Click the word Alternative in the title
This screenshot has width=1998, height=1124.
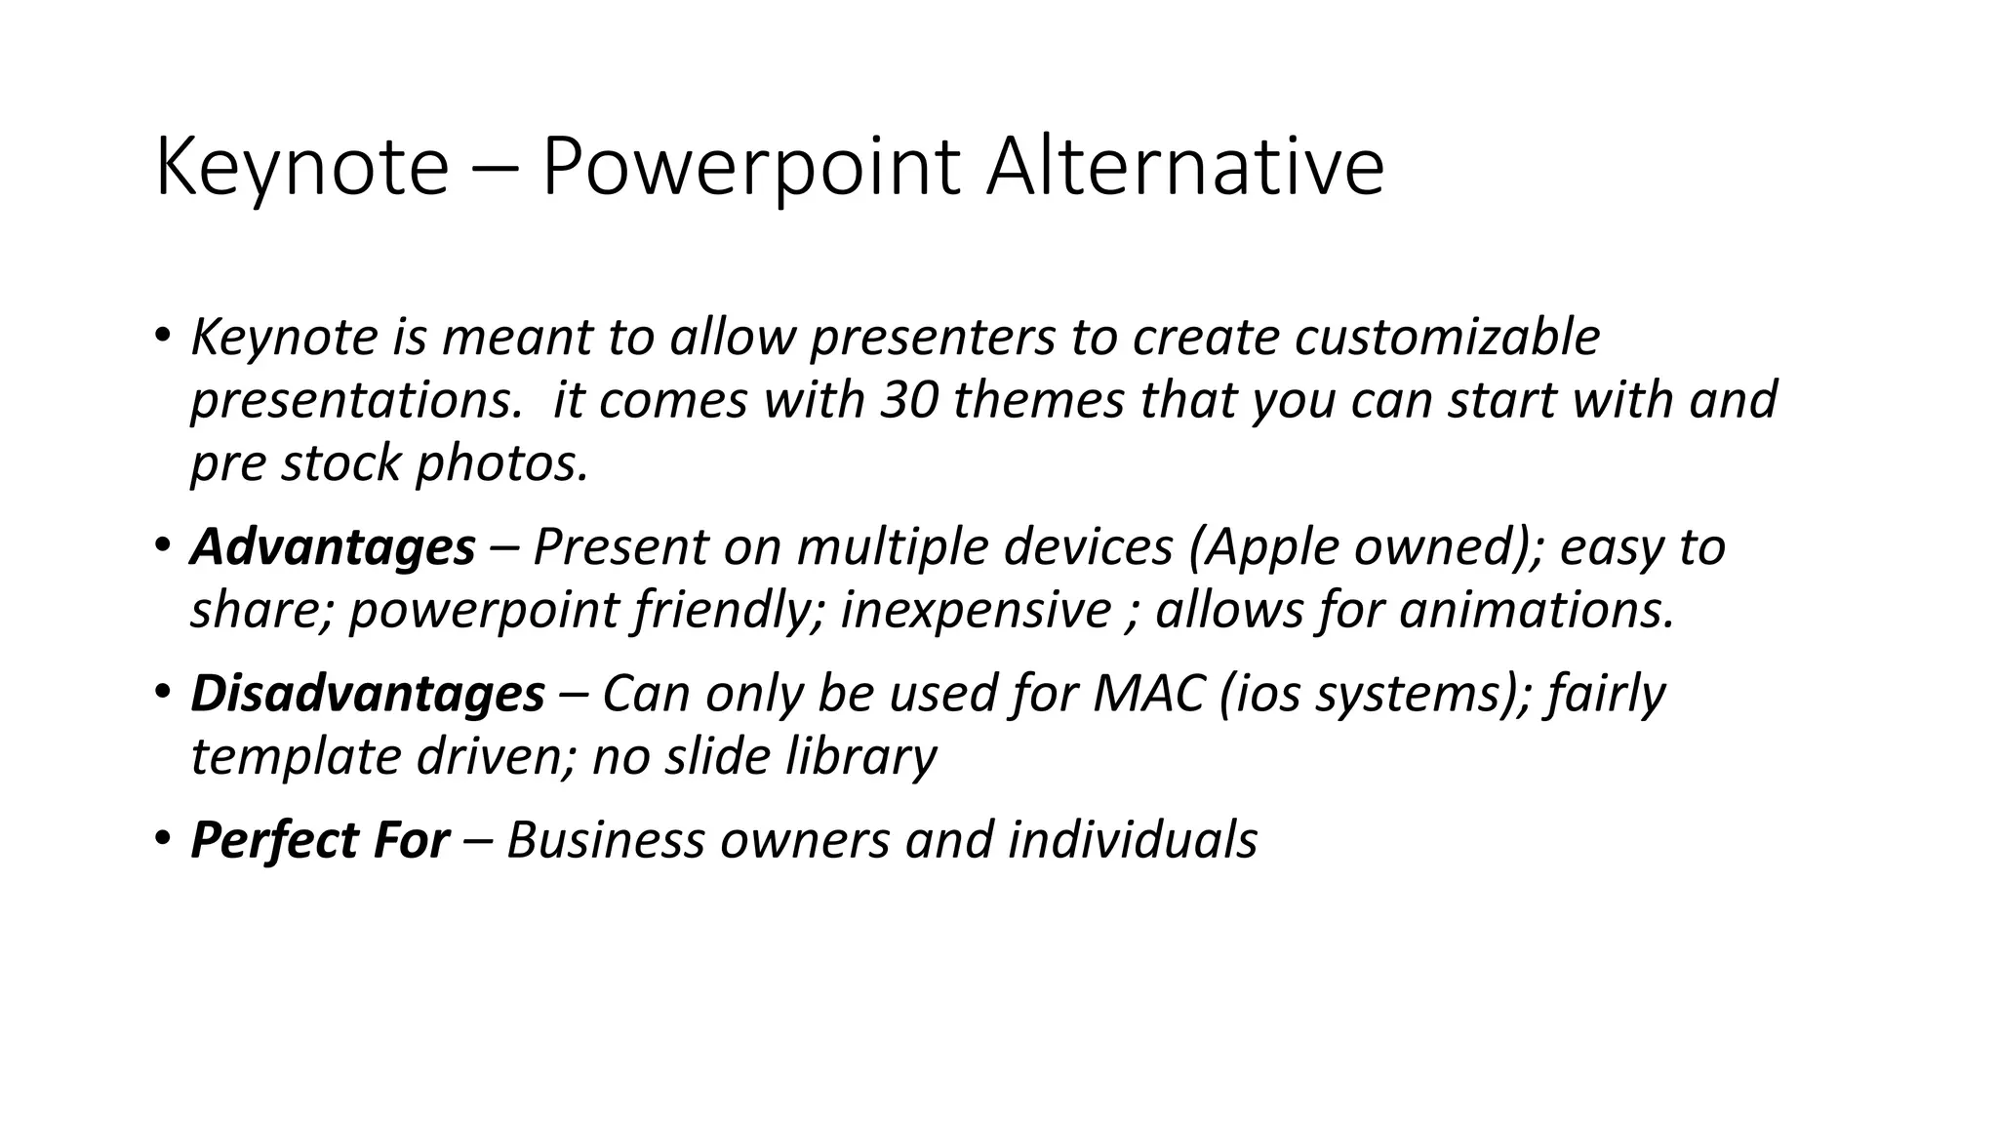coord(1184,168)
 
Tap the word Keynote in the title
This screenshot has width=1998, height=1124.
coord(300,168)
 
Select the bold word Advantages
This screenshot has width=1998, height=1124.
coord(333,546)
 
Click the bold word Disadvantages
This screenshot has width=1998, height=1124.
coord(367,694)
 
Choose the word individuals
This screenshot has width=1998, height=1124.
coord(1132,840)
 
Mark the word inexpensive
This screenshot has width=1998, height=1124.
coord(975,610)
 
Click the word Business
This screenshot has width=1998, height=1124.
coord(605,840)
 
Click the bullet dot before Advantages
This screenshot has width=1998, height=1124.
coord(161,544)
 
